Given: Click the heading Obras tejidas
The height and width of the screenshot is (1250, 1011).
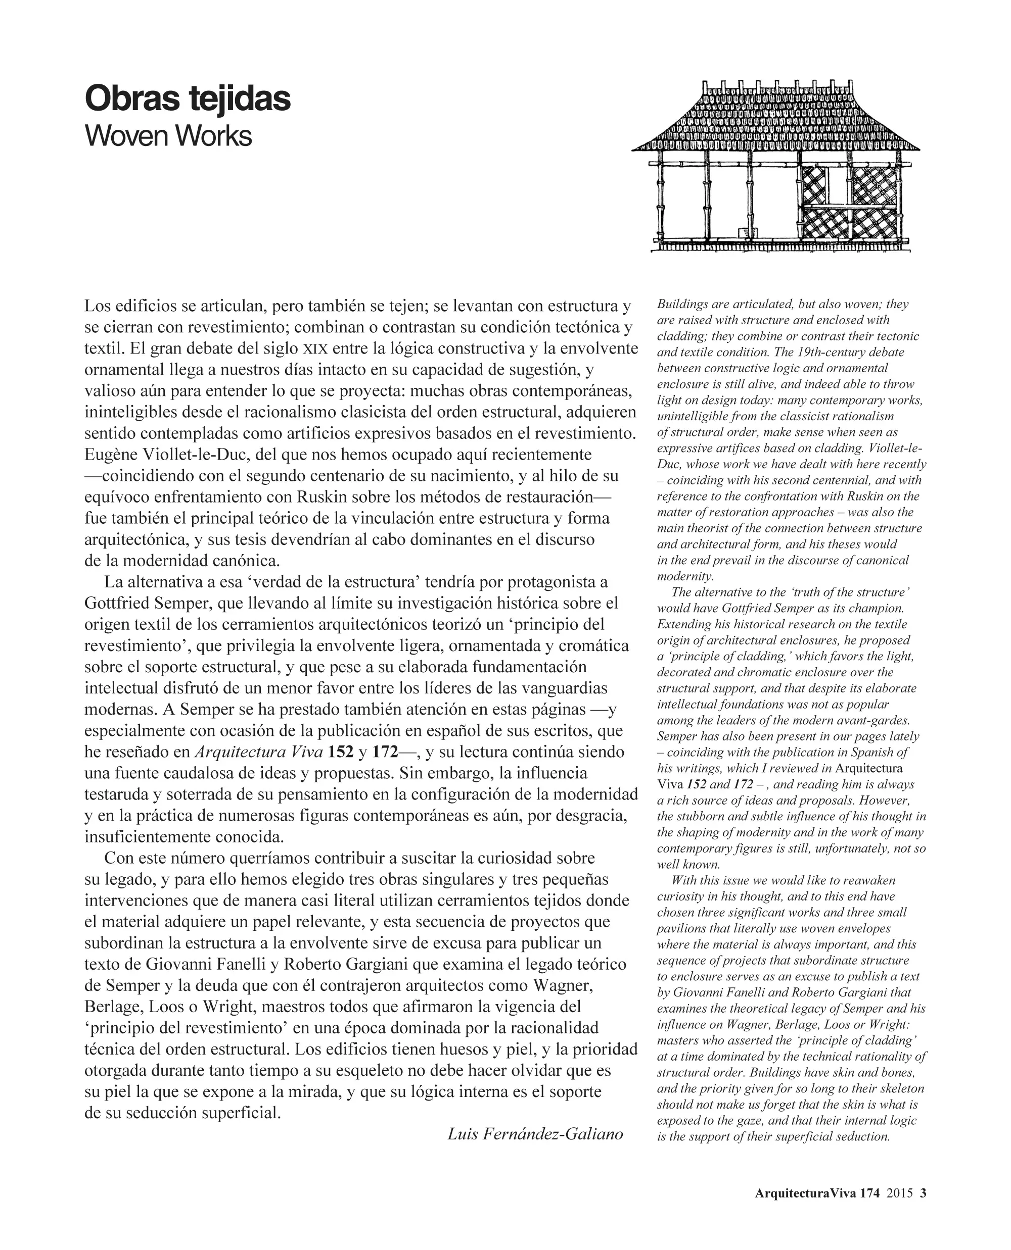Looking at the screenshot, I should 188,99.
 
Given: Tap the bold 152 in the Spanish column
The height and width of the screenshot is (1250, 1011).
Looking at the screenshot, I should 340,752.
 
